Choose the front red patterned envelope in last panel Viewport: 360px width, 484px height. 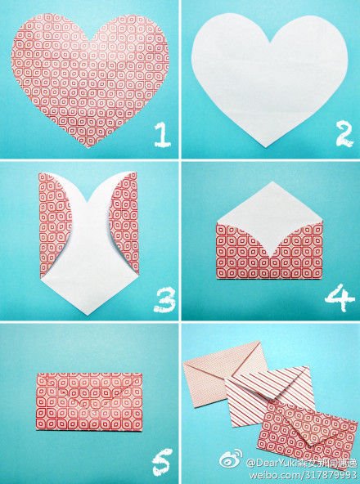click(x=307, y=429)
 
